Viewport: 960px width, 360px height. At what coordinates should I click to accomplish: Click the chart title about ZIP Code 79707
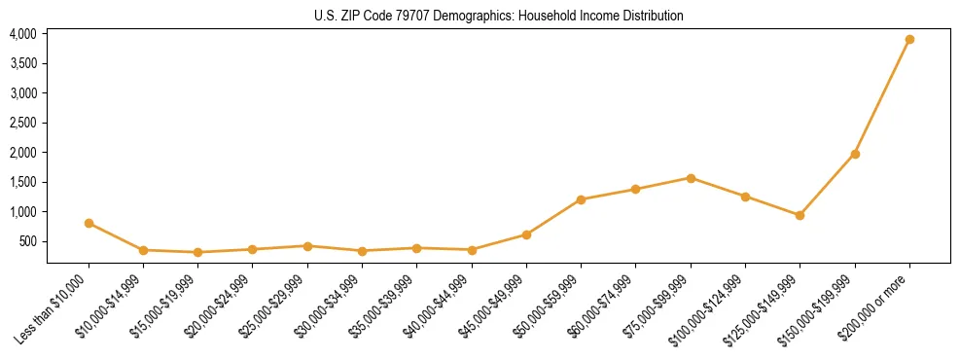499,16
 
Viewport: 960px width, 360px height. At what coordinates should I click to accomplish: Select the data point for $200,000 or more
909,40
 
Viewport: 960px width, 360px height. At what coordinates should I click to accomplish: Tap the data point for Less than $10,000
89,223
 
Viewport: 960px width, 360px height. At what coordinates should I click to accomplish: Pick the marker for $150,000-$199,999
855,154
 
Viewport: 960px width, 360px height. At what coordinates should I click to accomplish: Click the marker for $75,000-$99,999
691,178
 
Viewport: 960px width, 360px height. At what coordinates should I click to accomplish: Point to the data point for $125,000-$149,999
800,215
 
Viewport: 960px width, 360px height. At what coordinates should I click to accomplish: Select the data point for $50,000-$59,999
581,199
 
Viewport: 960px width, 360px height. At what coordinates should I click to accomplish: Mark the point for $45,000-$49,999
526,234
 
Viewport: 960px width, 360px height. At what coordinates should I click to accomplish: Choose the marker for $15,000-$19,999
197,252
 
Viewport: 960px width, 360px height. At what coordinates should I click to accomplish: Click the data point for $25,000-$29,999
307,246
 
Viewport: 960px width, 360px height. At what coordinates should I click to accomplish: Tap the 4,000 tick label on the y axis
22,34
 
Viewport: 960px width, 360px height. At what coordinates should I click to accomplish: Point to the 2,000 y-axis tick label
22,153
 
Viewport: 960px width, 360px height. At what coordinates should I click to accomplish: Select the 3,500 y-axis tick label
22,63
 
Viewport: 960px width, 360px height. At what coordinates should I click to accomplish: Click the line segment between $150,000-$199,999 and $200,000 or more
882,97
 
